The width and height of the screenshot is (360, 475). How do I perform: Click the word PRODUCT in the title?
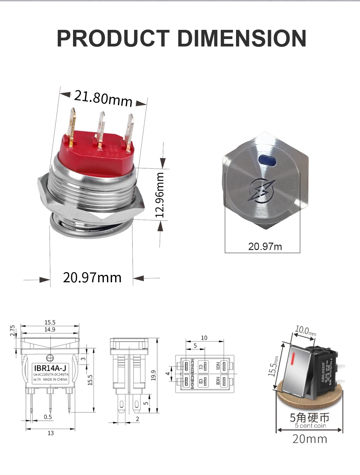click(113, 38)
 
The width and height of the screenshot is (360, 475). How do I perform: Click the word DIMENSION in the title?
click(241, 38)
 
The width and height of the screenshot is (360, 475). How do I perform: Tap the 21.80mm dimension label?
click(103, 98)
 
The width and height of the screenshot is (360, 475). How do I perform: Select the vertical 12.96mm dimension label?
click(160, 195)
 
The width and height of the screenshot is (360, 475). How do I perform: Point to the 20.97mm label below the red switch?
click(92, 278)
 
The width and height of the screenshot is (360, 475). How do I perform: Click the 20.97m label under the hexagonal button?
click(265, 246)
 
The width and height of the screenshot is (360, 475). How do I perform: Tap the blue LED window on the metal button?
click(267, 159)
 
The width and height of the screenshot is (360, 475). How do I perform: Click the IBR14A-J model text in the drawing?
click(50, 368)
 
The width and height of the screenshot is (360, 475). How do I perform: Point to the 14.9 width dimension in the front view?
click(50, 329)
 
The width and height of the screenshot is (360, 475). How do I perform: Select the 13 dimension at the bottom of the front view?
click(50, 433)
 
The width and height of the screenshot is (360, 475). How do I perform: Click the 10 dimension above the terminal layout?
click(204, 338)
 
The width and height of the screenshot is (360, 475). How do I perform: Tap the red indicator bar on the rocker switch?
click(292, 361)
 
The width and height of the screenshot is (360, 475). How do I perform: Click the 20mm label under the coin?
click(309, 439)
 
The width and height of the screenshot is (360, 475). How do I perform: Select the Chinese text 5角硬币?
click(309, 417)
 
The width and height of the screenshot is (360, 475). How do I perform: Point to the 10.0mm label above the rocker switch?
click(305, 330)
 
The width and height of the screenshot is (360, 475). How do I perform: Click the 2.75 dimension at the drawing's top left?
click(13, 331)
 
